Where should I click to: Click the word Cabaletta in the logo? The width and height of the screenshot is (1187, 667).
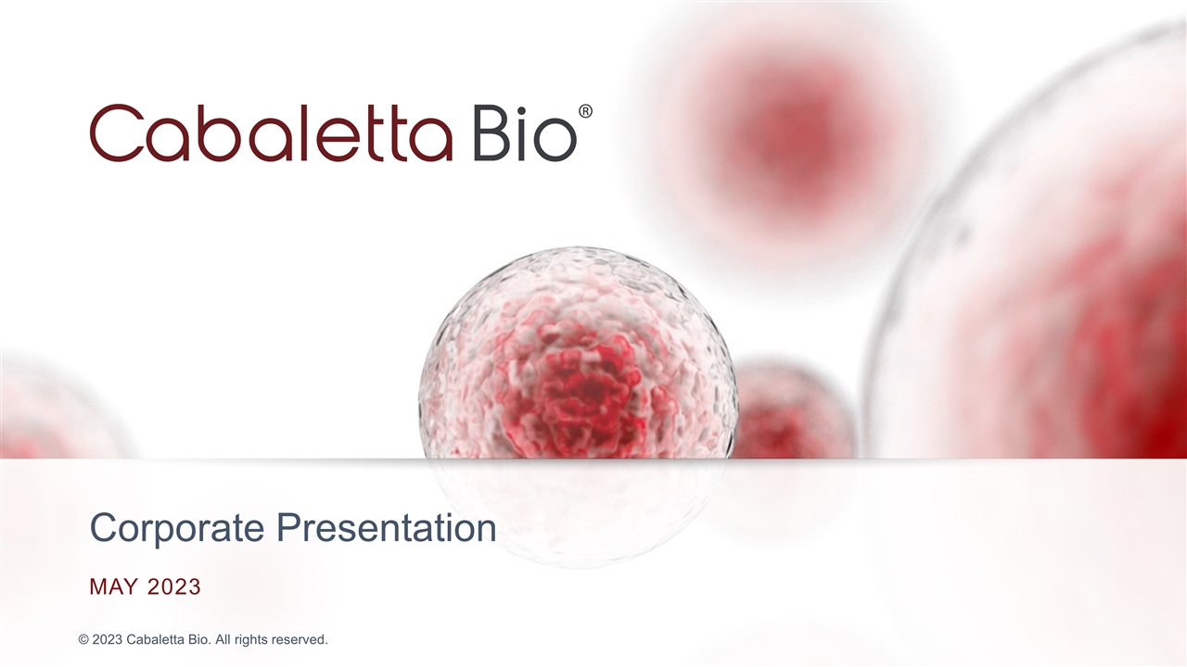point(271,133)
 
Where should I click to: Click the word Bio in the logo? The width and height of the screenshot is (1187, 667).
point(524,133)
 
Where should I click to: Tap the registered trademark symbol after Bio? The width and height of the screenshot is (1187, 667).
point(585,111)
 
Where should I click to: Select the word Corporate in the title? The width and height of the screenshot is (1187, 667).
point(179,529)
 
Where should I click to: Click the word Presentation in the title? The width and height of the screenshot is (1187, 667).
point(387,529)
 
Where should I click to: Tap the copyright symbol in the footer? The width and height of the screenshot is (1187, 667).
point(83,640)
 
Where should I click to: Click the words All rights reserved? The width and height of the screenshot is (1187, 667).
point(279,640)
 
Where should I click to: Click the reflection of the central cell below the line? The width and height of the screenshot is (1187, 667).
point(575,510)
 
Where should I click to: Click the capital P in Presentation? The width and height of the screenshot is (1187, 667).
point(287,529)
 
